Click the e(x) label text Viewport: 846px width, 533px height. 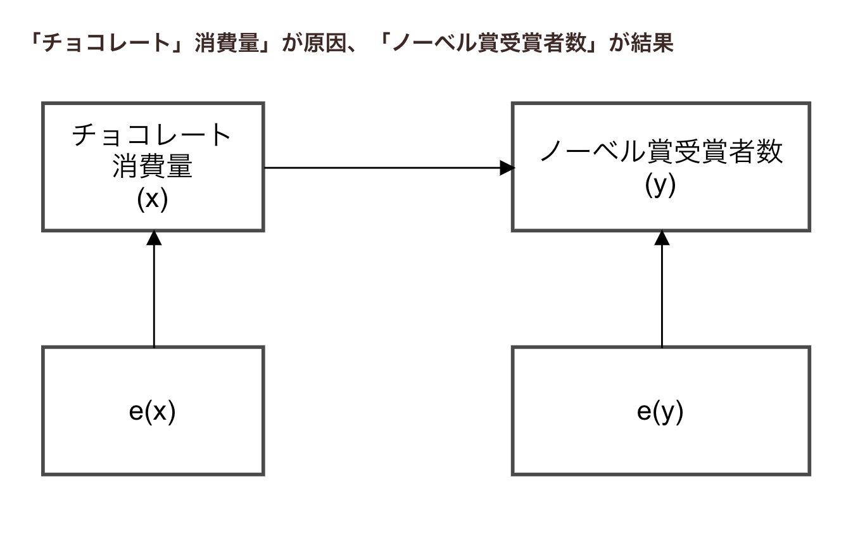(x=152, y=412)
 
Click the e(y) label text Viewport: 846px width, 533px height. (x=660, y=412)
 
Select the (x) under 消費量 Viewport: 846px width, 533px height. (x=153, y=199)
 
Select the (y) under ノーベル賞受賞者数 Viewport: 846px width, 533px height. (x=660, y=185)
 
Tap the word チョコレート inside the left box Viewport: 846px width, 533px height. (x=153, y=135)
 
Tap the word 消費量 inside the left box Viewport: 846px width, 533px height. (x=153, y=168)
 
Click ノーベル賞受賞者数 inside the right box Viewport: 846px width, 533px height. (x=660, y=153)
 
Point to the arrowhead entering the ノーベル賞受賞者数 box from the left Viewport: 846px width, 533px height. (x=507, y=168)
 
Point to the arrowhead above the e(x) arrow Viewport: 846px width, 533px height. (x=154, y=238)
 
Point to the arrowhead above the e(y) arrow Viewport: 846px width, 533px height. (x=662, y=238)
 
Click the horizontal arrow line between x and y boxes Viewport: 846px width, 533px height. (x=380, y=168)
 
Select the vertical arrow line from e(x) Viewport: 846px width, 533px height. (x=154, y=298)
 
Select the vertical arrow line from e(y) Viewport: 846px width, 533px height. (x=662, y=298)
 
